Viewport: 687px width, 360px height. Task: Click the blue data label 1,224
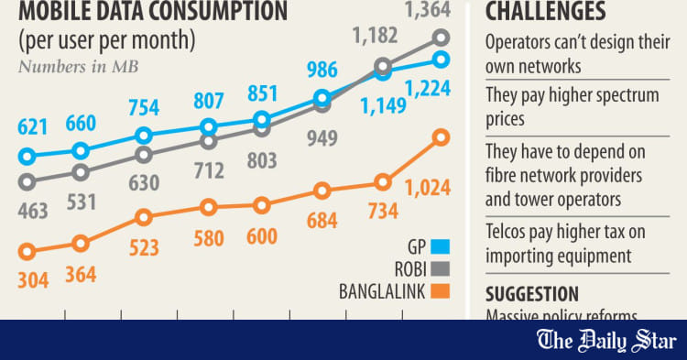[x=429, y=89]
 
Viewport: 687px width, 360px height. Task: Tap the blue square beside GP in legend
[x=441, y=245]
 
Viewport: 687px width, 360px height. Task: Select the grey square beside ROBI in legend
[x=441, y=269]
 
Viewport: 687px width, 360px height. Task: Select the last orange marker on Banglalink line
[x=441, y=137]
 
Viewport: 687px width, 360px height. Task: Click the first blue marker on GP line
[x=27, y=157]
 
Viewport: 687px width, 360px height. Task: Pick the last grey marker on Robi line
[x=442, y=38]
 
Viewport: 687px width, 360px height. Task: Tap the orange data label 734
[x=378, y=212]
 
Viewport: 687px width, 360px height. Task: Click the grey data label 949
[x=322, y=139]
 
